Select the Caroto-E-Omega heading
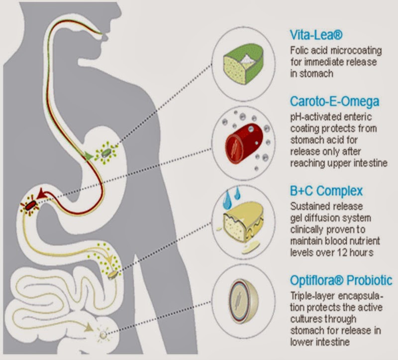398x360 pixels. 334,102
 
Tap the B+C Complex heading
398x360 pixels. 326,191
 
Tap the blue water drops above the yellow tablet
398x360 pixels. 230,195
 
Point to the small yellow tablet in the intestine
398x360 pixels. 113,274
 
